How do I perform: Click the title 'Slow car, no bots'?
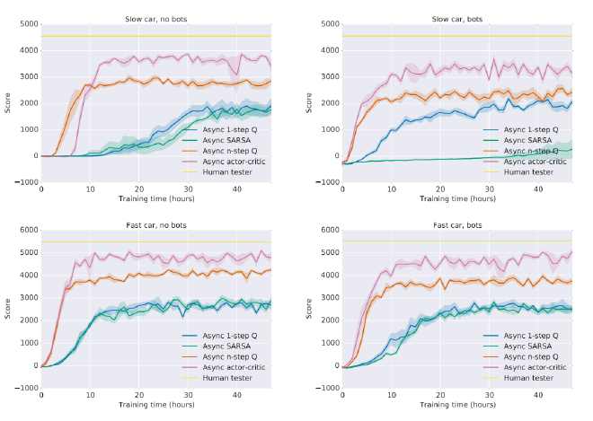click(x=156, y=19)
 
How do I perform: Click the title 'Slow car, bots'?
click(x=457, y=19)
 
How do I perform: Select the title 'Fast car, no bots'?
click(x=156, y=224)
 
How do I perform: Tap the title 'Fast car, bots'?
click(x=457, y=224)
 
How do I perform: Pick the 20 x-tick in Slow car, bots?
click(x=440, y=189)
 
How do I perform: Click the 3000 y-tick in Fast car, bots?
click(x=330, y=297)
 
